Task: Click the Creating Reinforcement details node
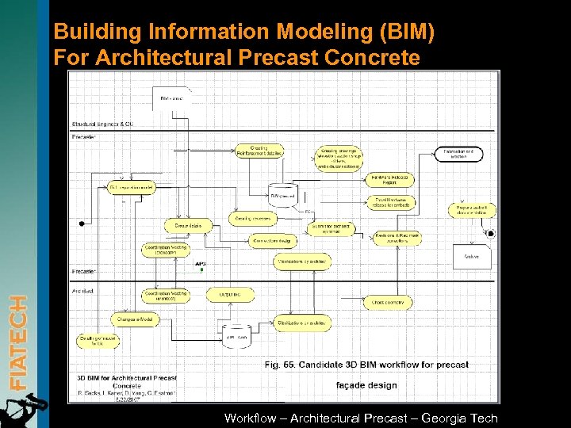[259, 151]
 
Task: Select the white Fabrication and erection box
[458, 154]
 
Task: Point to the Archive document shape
[472, 255]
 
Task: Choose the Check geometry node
[388, 302]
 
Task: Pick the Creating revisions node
[253, 218]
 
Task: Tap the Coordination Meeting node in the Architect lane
[166, 296]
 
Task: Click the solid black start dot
[82, 224]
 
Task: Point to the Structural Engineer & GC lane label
[102, 124]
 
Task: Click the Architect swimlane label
[84, 291]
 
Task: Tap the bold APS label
[201, 263]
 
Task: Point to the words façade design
[366, 385]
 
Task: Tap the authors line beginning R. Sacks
[126, 393]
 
